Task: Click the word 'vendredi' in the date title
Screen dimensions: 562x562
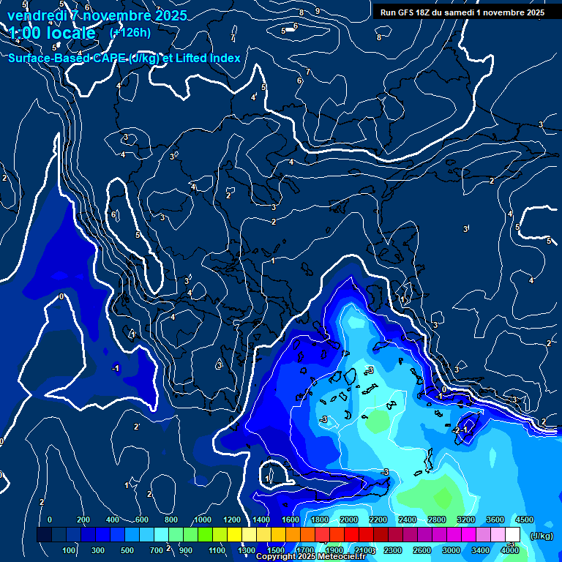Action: click(37, 15)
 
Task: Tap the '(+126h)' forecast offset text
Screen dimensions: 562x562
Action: click(130, 32)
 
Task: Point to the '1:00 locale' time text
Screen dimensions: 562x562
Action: click(52, 33)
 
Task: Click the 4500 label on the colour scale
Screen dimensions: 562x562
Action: click(525, 519)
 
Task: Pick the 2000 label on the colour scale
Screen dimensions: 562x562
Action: click(349, 519)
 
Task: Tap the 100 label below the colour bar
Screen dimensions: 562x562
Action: click(70, 550)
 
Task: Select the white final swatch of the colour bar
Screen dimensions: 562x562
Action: click(512, 535)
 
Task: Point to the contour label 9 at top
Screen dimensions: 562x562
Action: click(317, 11)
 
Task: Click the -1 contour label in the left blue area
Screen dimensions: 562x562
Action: click(116, 368)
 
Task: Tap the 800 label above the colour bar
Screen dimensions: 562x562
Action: click(172, 519)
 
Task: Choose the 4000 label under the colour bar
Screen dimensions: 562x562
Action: click(510, 550)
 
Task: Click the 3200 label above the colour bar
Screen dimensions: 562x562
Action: click(466, 519)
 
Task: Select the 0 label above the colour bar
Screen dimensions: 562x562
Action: click(50, 519)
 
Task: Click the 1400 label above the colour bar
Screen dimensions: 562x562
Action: click(261, 519)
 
